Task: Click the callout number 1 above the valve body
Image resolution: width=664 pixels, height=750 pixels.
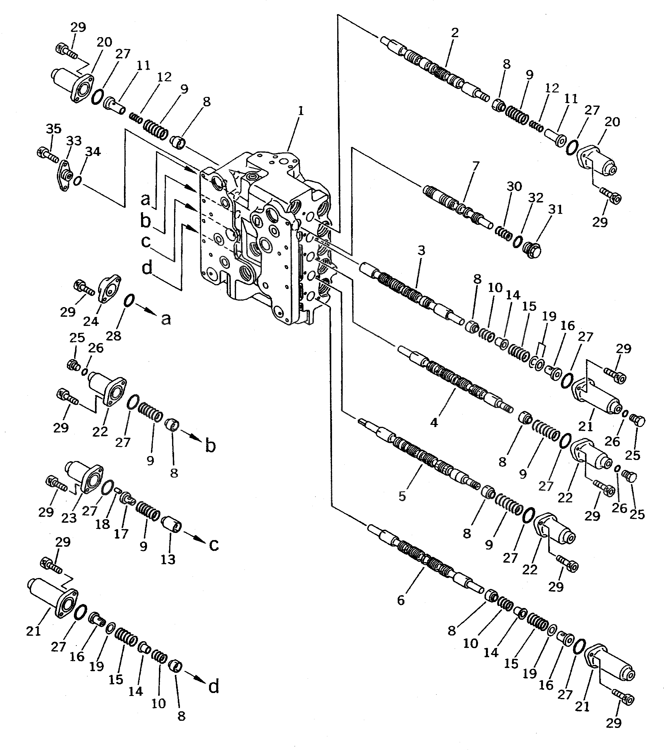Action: [x=301, y=111]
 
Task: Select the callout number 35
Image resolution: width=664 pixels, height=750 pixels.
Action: [x=54, y=129]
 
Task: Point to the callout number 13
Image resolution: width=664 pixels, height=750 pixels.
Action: [x=168, y=560]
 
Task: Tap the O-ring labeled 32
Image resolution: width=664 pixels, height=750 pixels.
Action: [x=517, y=241]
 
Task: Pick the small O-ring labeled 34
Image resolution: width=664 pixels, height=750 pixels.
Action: [x=77, y=181]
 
